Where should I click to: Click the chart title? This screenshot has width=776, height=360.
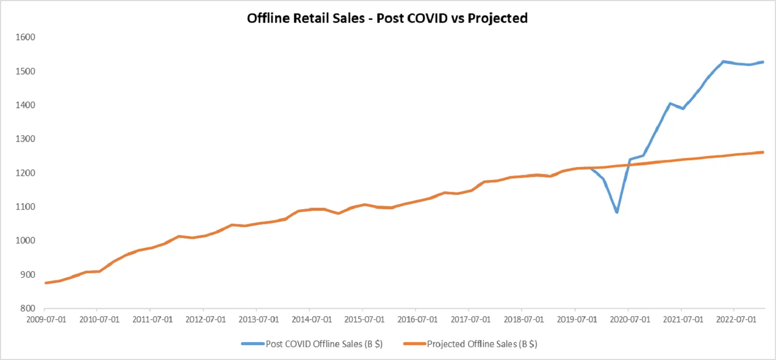point(387,18)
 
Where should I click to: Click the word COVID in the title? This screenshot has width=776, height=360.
point(426,18)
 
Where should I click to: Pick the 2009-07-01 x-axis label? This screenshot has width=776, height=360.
point(43,319)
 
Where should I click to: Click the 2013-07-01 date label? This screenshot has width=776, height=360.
point(256,319)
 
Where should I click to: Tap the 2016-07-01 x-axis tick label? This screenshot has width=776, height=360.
point(416,319)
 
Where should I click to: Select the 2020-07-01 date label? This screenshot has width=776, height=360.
point(628,319)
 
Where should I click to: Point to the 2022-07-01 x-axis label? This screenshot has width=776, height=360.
point(734,319)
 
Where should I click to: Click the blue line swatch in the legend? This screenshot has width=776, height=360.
point(253,344)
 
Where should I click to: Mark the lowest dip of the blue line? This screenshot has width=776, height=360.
point(617,212)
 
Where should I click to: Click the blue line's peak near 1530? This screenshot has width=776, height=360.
point(723,61)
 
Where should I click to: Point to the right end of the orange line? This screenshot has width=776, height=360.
point(763,152)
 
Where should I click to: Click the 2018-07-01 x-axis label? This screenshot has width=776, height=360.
point(522,319)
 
